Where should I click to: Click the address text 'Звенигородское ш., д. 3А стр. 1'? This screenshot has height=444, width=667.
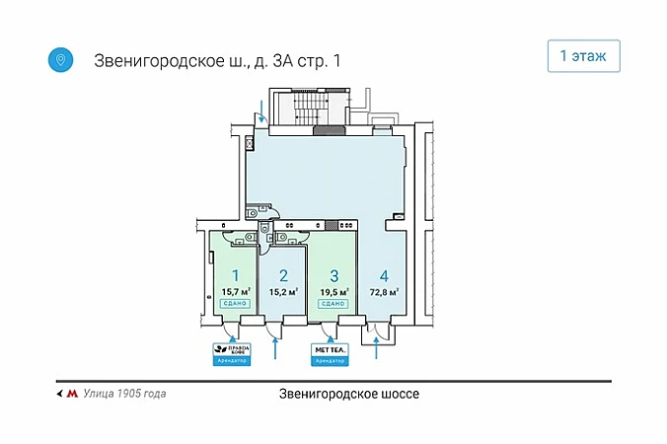(x=217, y=60)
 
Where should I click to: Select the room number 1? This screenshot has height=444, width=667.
(x=236, y=276)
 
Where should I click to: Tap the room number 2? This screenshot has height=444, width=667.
(x=283, y=276)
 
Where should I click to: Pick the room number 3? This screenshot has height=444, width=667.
(x=333, y=276)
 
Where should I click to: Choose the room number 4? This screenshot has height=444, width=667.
(x=384, y=276)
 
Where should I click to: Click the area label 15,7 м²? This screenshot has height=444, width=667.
(x=236, y=292)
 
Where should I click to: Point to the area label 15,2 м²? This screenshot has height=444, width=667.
(x=283, y=292)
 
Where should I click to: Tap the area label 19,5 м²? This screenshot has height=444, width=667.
(x=333, y=292)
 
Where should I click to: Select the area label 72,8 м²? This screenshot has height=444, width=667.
(x=384, y=292)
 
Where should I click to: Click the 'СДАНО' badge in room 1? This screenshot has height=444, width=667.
(x=236, y=304)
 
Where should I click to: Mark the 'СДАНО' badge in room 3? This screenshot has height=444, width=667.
(x=333, y=304)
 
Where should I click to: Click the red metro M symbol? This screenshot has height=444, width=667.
(x=71, y=394)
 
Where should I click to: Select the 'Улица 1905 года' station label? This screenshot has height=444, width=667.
(x=124, y=394)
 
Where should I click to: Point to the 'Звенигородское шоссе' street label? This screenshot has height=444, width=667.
(x=349, y=394)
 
